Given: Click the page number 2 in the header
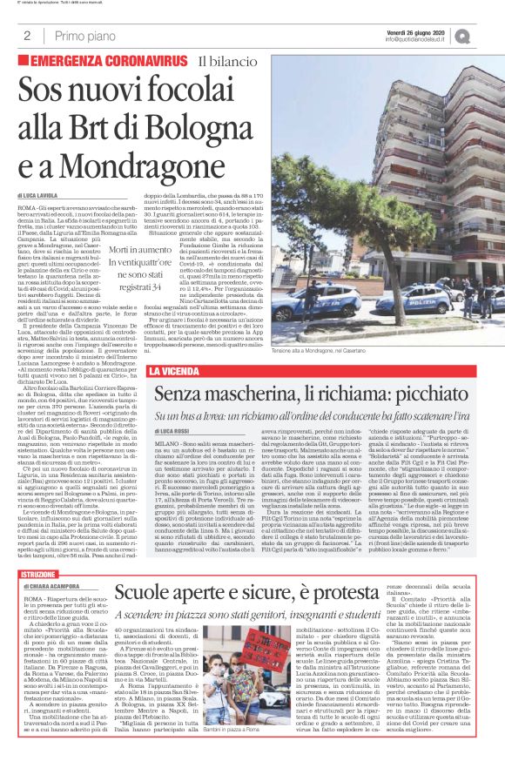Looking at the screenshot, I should [x=27, y=36].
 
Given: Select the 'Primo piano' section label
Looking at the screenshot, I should [x=84, y=36].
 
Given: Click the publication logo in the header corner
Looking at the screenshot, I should [x=487, y=35].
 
